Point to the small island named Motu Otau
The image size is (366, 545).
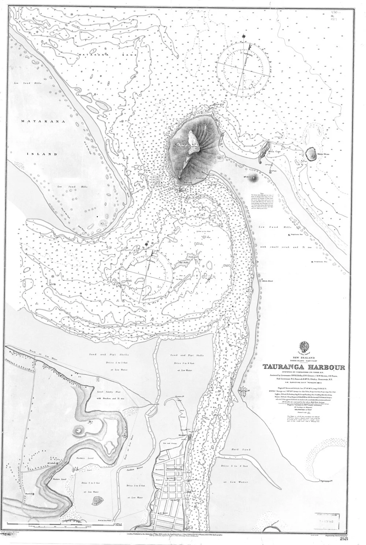[311, 153]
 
